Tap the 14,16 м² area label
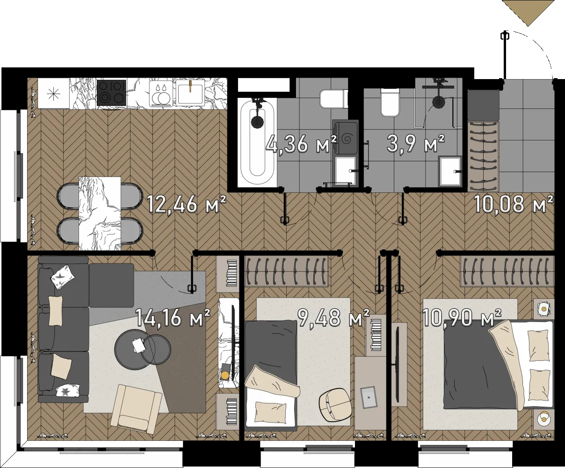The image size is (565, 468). [173, 317]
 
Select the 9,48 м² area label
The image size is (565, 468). [333, 317]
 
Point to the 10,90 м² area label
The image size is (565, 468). [462, 317]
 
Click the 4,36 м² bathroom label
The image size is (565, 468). [301, 144]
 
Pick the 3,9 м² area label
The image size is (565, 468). [416, 144]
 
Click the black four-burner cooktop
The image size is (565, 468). [111, 93]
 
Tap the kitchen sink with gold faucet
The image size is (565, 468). [190, 92]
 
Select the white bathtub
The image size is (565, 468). [257, 142]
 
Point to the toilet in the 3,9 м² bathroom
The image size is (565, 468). [390, 104]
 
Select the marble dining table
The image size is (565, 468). [100, 213]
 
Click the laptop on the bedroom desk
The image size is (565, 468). [368, 397]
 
